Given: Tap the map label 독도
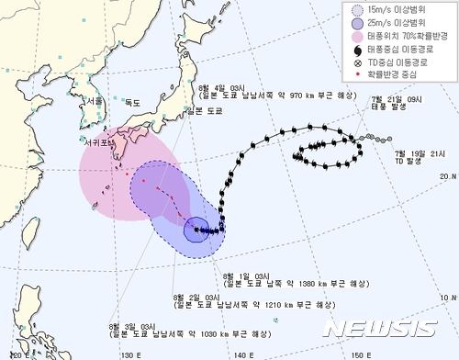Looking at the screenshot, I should point(134,103).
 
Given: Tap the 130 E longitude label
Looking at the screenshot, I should point(129,354).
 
